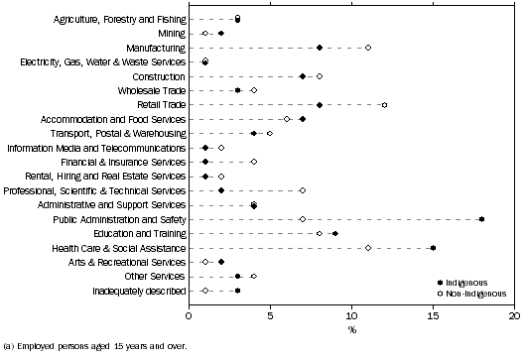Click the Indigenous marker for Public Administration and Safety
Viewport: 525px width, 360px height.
(x=481, y=219)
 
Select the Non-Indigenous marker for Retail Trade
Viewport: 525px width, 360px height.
(x=384, y=104)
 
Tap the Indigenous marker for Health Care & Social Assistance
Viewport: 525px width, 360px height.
(x=433, y=248)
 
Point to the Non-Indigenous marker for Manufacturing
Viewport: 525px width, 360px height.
(x=368, y=47)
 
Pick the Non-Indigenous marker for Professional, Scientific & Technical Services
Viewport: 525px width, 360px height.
(x=303, y=190)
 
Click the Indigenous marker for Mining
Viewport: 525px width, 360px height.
(x=221, y=33)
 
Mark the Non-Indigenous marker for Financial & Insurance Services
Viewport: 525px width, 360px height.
(x=254, y=162)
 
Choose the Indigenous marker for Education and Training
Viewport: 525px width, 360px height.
(x=335, y=233)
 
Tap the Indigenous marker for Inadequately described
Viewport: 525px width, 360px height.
(x=238, y=291)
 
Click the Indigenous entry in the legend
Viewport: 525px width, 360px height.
(x=474, y=283)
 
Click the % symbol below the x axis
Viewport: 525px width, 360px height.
(x=352, y=328)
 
